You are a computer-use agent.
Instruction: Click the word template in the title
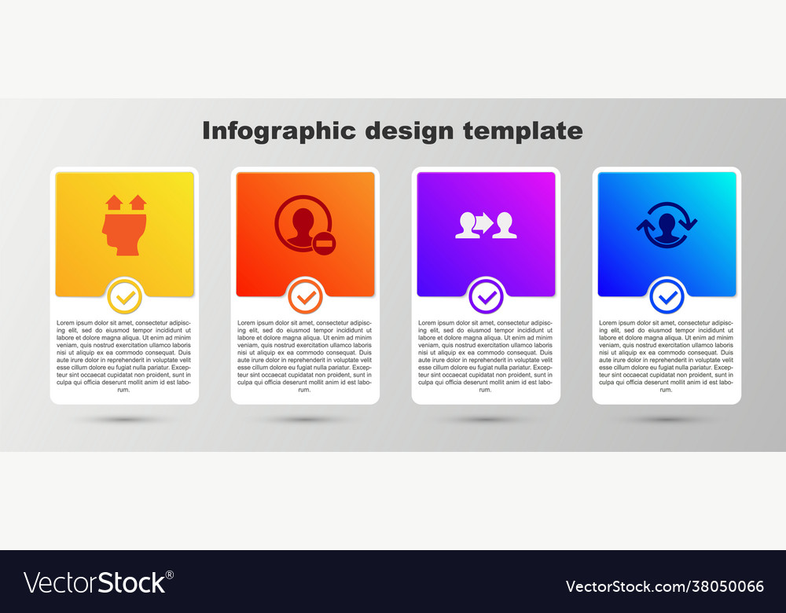click(x=523, y=130)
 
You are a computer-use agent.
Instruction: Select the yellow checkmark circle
click(x=124, y=297)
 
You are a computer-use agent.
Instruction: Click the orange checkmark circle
click(x=305, y=297)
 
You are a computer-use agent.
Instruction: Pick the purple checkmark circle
click(x=486, y=297)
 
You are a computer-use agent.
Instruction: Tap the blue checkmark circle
click(x=667, y=297)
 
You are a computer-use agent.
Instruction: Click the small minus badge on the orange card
click(x=322, y=244)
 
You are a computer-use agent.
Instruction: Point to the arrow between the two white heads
click(x=484, y=222)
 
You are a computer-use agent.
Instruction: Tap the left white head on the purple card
click(x=467, y=226)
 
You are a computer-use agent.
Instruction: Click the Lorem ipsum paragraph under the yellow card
click(x=124, y=356)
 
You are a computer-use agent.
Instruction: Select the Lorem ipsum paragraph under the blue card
click(x=667, y=356)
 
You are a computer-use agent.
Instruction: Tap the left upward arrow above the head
click(x=114, y=203)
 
